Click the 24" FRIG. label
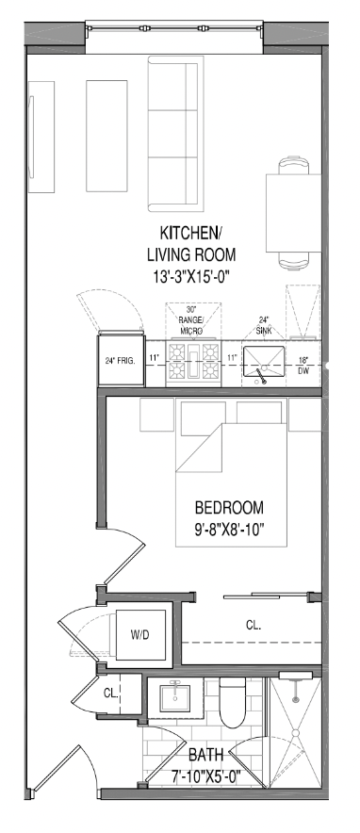coord(120,360)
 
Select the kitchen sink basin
coord(264,361)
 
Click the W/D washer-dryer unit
coord(140,635)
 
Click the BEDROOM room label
coord(229,507)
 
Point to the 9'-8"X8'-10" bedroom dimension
coord(229,530)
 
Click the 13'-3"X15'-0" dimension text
coord(190,276)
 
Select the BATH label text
coord(206,755)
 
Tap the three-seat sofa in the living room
coord(175,134)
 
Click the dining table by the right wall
coord(294,213)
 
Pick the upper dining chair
coord(294,165)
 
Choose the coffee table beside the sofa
coord(106,136)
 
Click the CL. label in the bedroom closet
coord(254,626)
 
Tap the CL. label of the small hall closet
coord(110,694)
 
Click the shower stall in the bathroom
coord(295,734)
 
